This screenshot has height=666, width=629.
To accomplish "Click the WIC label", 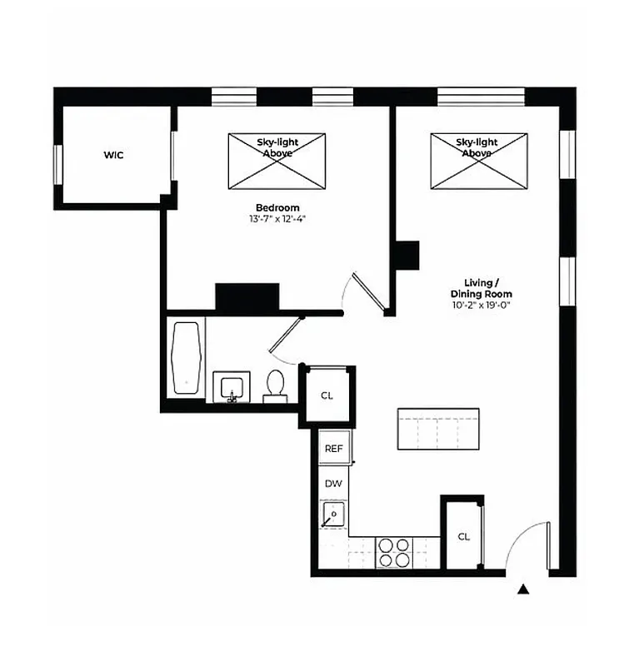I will [x=113, y=156].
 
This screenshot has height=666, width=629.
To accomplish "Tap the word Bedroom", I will [x=277, y=208].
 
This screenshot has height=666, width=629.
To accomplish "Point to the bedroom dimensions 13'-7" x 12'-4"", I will [x=277, y=220].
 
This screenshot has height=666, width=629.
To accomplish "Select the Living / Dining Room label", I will [x=482, y=289].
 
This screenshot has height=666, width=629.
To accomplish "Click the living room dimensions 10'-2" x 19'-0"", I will [x=482, y=306].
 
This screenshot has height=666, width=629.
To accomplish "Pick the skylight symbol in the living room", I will [x=478, y=160].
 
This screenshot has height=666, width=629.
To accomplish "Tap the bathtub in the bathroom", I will [x=186, y=359].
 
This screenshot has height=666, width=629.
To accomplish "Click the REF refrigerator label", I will [x=333, y=449].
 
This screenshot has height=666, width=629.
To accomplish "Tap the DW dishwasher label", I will [x=333, y=483].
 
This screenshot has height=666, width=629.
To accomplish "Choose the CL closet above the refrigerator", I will [x=327, y=395].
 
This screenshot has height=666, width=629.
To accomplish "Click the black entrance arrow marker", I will [x=523, y=590].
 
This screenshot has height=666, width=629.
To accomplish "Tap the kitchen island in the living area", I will [x=438, y=429].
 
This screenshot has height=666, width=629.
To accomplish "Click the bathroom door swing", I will [x=283, y=341].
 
